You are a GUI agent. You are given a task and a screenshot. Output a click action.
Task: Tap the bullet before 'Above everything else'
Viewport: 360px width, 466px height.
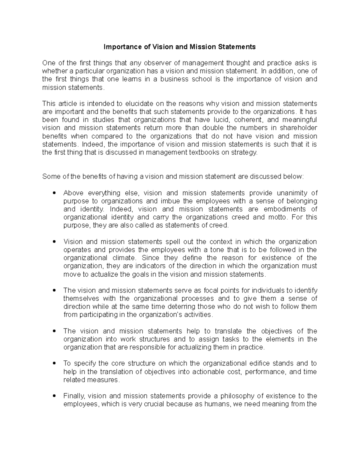[x=54, y=193]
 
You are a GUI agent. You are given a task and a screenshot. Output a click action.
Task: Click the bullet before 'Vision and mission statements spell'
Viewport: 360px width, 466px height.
[x=54, y=242]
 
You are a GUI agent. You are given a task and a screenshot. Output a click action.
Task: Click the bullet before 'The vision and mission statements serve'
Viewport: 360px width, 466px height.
[x=54, y=290]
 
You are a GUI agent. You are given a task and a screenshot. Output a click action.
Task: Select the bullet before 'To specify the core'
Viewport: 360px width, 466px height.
[x=54, y=363]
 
